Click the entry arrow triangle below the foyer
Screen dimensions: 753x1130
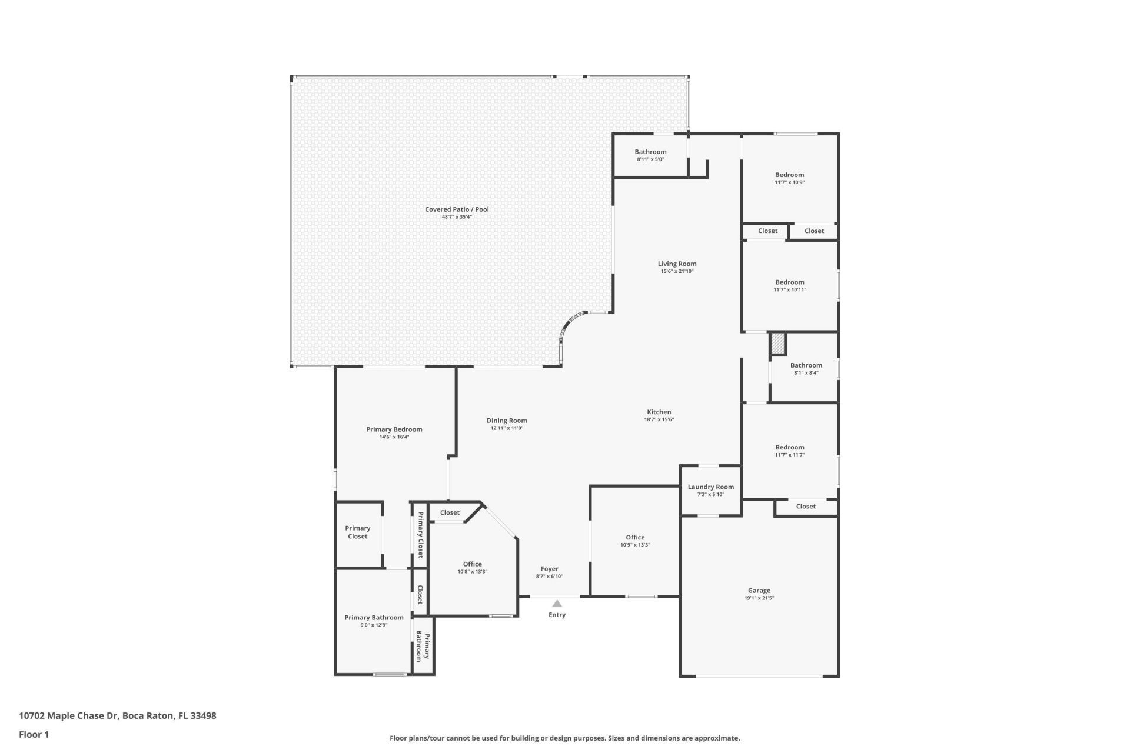coord(557,604)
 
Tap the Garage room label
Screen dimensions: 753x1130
coord(759,590)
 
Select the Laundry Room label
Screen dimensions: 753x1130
coord(710,487)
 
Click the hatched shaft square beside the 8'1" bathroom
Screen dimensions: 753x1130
coord(778,344)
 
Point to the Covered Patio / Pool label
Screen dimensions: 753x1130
coord(457,209)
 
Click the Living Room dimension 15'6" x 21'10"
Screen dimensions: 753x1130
coord(677,272)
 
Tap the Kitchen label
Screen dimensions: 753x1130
coord(659,412)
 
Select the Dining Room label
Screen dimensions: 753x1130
coord(507,420)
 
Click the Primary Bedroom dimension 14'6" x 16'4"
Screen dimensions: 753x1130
coord(394,437)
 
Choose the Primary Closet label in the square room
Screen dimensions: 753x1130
coord(357,532)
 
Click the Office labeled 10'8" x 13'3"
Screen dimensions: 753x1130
coord(472,564)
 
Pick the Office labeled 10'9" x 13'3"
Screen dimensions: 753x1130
coord(635,537)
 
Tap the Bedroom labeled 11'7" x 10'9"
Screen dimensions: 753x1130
coord(789,175)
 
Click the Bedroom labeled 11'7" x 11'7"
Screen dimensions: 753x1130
coord(789,447)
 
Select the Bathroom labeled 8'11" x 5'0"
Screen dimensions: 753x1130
coord(650,152)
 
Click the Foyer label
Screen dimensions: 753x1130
coord(549,569)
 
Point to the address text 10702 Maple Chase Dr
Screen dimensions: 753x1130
coord(117,716)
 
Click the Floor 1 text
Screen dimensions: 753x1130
coord(34,734)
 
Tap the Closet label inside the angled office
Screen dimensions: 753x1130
coord(450,512)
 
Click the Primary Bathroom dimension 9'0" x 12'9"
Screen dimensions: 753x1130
coord(374,625)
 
